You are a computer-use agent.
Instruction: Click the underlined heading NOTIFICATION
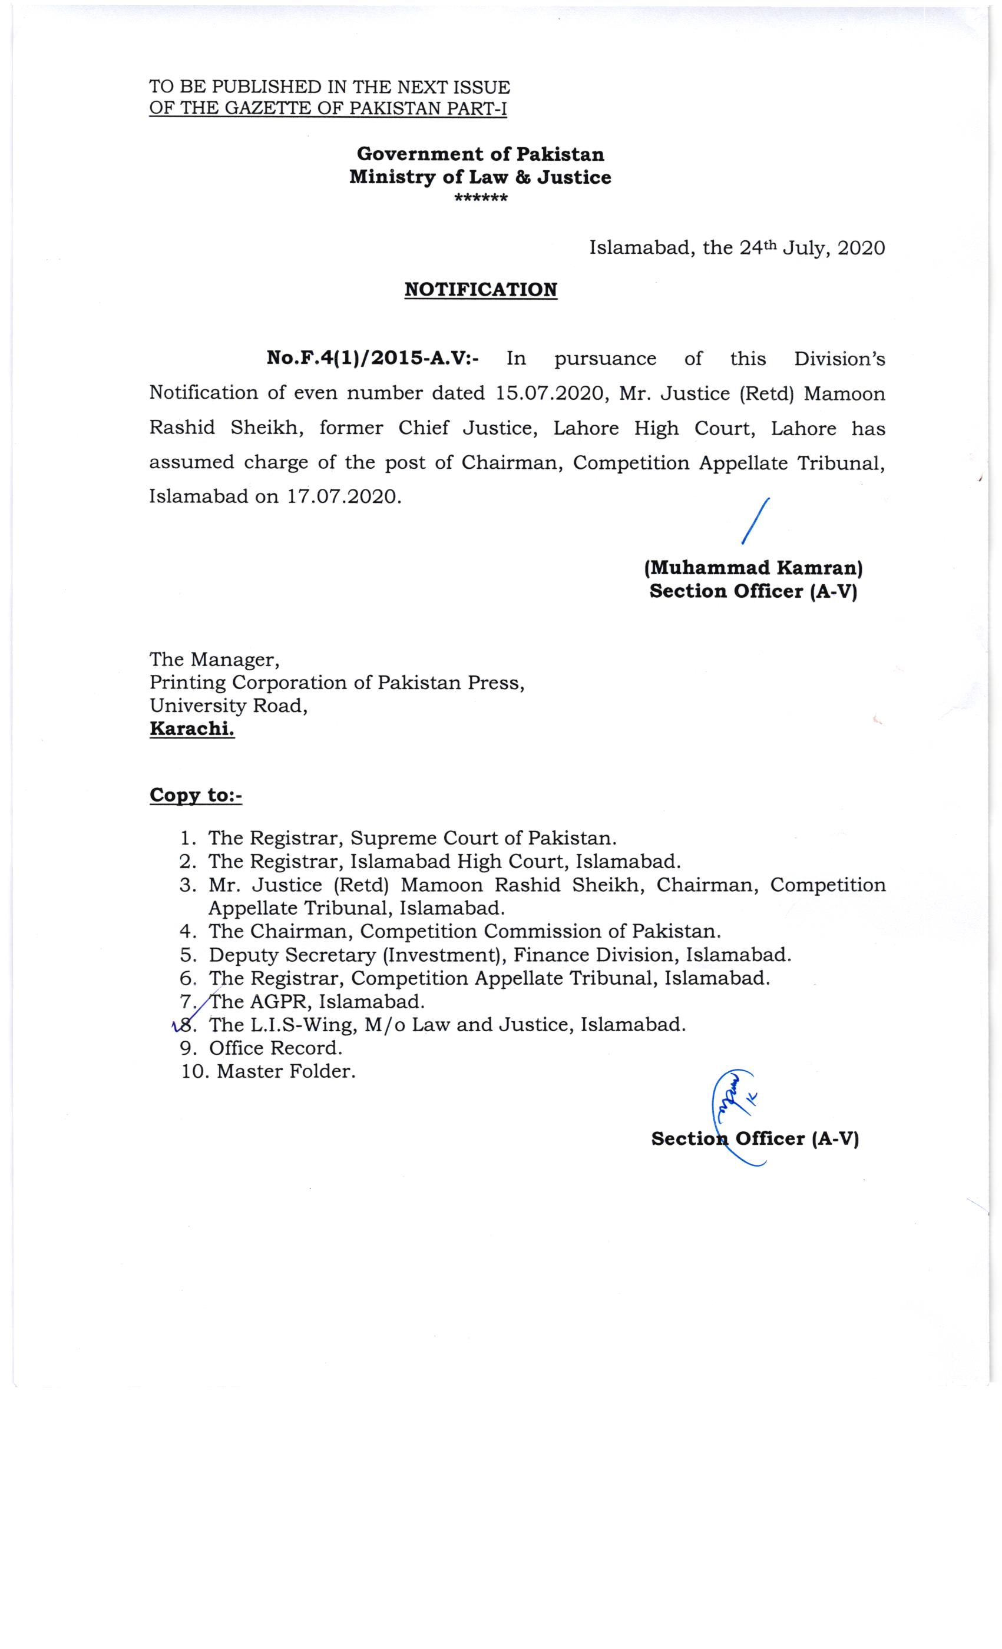(481, 290)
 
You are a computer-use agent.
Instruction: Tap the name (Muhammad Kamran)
(753, 568)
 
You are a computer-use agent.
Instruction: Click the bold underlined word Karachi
(192, 729)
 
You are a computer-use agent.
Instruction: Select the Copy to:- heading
(196, 795)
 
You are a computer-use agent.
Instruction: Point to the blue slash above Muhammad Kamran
(756, 521)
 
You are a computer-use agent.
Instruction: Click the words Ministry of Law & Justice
(480, 177)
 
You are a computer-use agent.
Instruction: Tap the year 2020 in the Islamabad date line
(861, 249)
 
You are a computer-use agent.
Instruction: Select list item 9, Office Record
(275, 1048)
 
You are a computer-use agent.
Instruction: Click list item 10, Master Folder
(286, 1071)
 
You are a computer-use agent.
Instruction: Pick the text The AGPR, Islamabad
(316, 1002)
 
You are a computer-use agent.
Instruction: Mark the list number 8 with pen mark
(187, 1025)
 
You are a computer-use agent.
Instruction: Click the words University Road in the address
(228, 706)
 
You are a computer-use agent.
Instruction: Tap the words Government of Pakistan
(480, 154)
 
